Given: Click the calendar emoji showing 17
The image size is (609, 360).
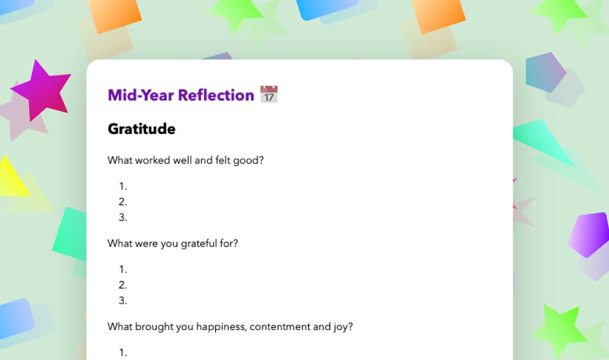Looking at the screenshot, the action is [269, 94].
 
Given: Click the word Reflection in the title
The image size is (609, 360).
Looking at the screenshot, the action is [216, 95].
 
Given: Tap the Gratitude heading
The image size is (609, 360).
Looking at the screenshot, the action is [142, 128].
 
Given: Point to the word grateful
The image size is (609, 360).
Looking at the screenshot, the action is [199, 243].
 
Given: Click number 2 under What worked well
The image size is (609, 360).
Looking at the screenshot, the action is [123, 202].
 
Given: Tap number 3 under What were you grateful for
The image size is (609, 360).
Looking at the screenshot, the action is [123, 301].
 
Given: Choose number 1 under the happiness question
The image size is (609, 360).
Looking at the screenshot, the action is [123, 352].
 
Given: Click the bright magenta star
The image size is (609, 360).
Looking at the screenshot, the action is [41, 90].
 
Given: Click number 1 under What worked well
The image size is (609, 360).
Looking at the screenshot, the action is [123, 186].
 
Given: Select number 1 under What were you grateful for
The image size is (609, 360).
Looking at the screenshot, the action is [123, 269].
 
